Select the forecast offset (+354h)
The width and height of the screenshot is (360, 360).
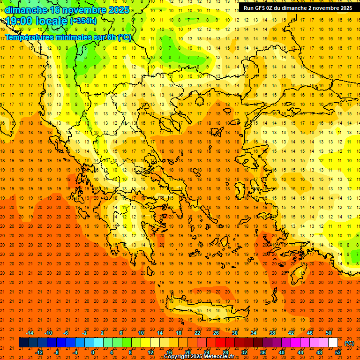tap(83, 21)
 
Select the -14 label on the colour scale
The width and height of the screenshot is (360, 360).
tap(29, 333)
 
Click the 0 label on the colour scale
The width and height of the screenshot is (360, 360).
tap(93, 352)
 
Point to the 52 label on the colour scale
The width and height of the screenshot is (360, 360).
tap(338, 352)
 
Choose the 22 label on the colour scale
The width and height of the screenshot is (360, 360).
tap(197, 333)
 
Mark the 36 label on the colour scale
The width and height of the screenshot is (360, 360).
tap(263, 352)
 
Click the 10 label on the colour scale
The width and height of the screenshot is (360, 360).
tap(141, 333)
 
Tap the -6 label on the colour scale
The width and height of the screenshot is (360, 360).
tap(66, 333)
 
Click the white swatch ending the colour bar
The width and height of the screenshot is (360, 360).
tap(333, 343)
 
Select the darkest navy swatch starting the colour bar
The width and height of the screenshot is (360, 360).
tap(23, 343)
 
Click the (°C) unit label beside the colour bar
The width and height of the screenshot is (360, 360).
tap(349, 343)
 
